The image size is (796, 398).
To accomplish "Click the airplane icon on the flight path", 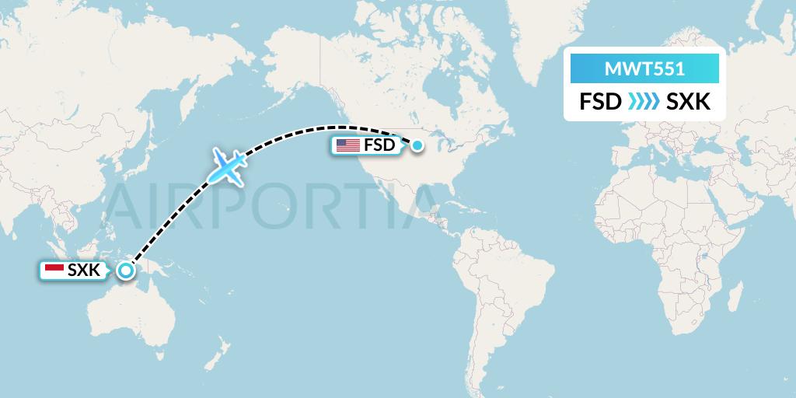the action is pos(228,166).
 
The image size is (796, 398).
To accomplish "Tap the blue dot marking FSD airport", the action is pos(417,145).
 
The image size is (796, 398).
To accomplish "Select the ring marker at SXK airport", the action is pos(125,271).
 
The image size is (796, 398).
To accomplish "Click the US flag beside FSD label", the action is pos(347,145).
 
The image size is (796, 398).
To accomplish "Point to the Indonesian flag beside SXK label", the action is pos(54,271).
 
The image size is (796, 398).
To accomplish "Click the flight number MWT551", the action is pos(644,69).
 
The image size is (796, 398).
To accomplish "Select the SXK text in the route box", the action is pos(689,102).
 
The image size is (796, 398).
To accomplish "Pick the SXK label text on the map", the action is pos(84,271).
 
